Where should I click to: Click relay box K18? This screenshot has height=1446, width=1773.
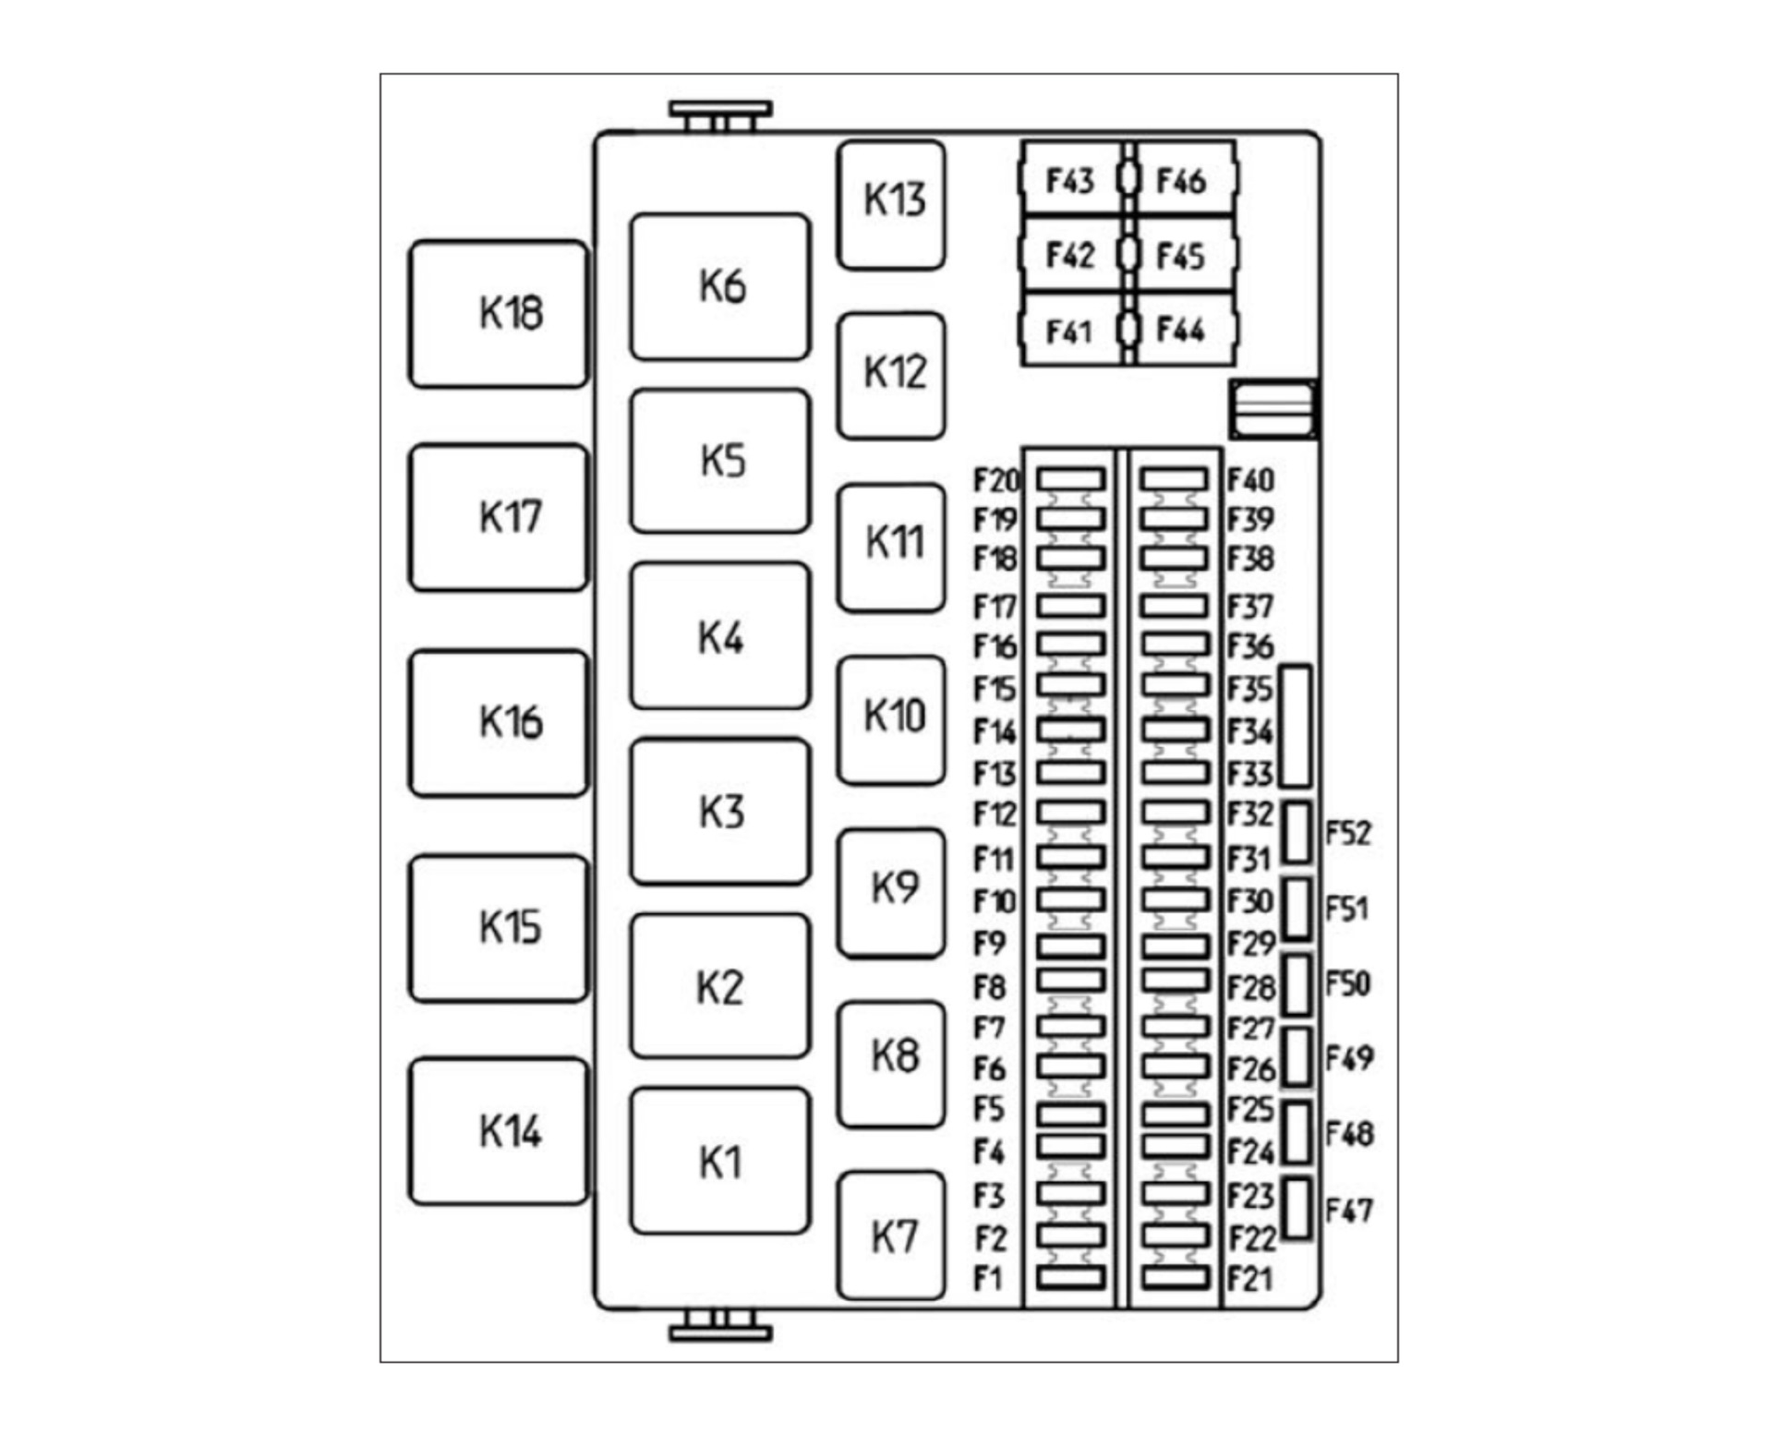(499, 314)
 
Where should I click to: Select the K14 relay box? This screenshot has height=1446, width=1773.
(499, 1131)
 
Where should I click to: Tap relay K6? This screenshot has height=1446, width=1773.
(720, 287)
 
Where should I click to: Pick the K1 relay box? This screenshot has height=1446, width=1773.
(720, 1161)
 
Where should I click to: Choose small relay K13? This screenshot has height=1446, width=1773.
(891, 205)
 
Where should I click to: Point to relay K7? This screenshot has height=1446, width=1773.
(891, 1236)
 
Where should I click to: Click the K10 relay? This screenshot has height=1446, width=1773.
(891, 720)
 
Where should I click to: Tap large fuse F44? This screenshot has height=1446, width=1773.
(1183, 330)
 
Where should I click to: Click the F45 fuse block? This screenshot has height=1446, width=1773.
(1183, 255)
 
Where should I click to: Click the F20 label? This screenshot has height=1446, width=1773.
(996, 480)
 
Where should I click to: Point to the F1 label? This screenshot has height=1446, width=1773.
(988, 1279)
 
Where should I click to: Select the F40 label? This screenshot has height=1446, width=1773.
(1250, 480)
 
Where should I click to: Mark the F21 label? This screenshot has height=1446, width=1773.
(1249, 1279)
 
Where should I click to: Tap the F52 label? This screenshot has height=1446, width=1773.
(1348, 833)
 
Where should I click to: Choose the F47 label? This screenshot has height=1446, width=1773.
(1349, 1210)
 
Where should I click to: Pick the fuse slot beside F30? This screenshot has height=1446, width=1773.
(1175, 899)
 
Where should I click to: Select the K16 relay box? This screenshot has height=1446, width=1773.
(499, 723)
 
